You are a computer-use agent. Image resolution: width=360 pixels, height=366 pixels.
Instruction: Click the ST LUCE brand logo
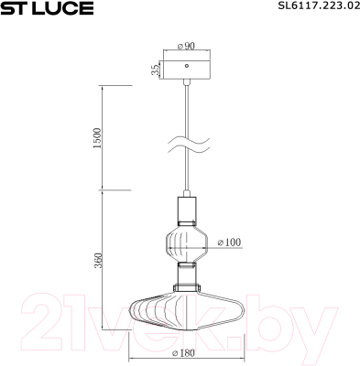(47, 9)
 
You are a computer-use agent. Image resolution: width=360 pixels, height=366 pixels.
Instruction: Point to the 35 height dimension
(156, 69)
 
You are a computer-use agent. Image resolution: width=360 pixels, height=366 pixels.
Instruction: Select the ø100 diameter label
(229, 242)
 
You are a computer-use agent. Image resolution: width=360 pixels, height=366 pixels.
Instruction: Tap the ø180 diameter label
(186, 352)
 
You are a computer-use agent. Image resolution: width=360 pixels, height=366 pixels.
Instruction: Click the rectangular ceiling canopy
(188, 69)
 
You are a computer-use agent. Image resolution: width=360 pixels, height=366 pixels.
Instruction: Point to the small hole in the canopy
(188, 66)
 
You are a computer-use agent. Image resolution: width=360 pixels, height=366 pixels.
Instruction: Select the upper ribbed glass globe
(188, 243)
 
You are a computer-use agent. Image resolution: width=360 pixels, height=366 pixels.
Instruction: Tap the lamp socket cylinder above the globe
(188, 211)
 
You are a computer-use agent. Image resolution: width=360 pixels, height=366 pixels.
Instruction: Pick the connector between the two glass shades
(188, 274)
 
